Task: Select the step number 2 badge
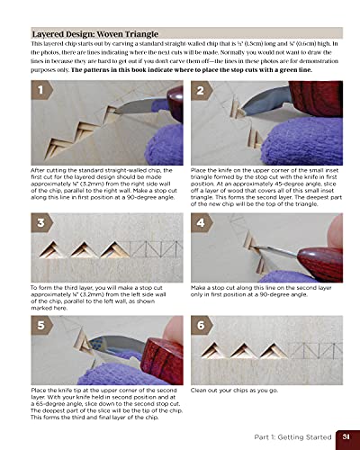[x=201, y=92]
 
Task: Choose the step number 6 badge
[x=201, y=325]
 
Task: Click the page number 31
[x=345, y=436]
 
